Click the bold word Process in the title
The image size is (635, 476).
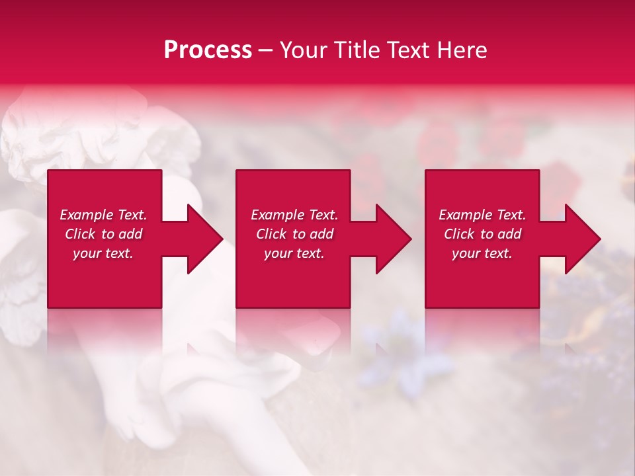pyautogui.click(x=208, y=50)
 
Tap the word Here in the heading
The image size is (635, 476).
pyautogui.click(x=462, y=50)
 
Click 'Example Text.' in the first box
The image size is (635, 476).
pyautogui.click(x=103, y=215)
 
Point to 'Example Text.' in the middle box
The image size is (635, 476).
pyautogui.click(x=294, y=215)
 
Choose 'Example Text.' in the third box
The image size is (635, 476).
pyautogui.click(x=482, y=215)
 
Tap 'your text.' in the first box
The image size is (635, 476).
pyautogui.click(x=103, y=253)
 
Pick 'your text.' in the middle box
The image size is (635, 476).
pyautogui.click(x=294, y=253)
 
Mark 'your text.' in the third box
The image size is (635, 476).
pyautogui.click(x=482, y=253)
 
